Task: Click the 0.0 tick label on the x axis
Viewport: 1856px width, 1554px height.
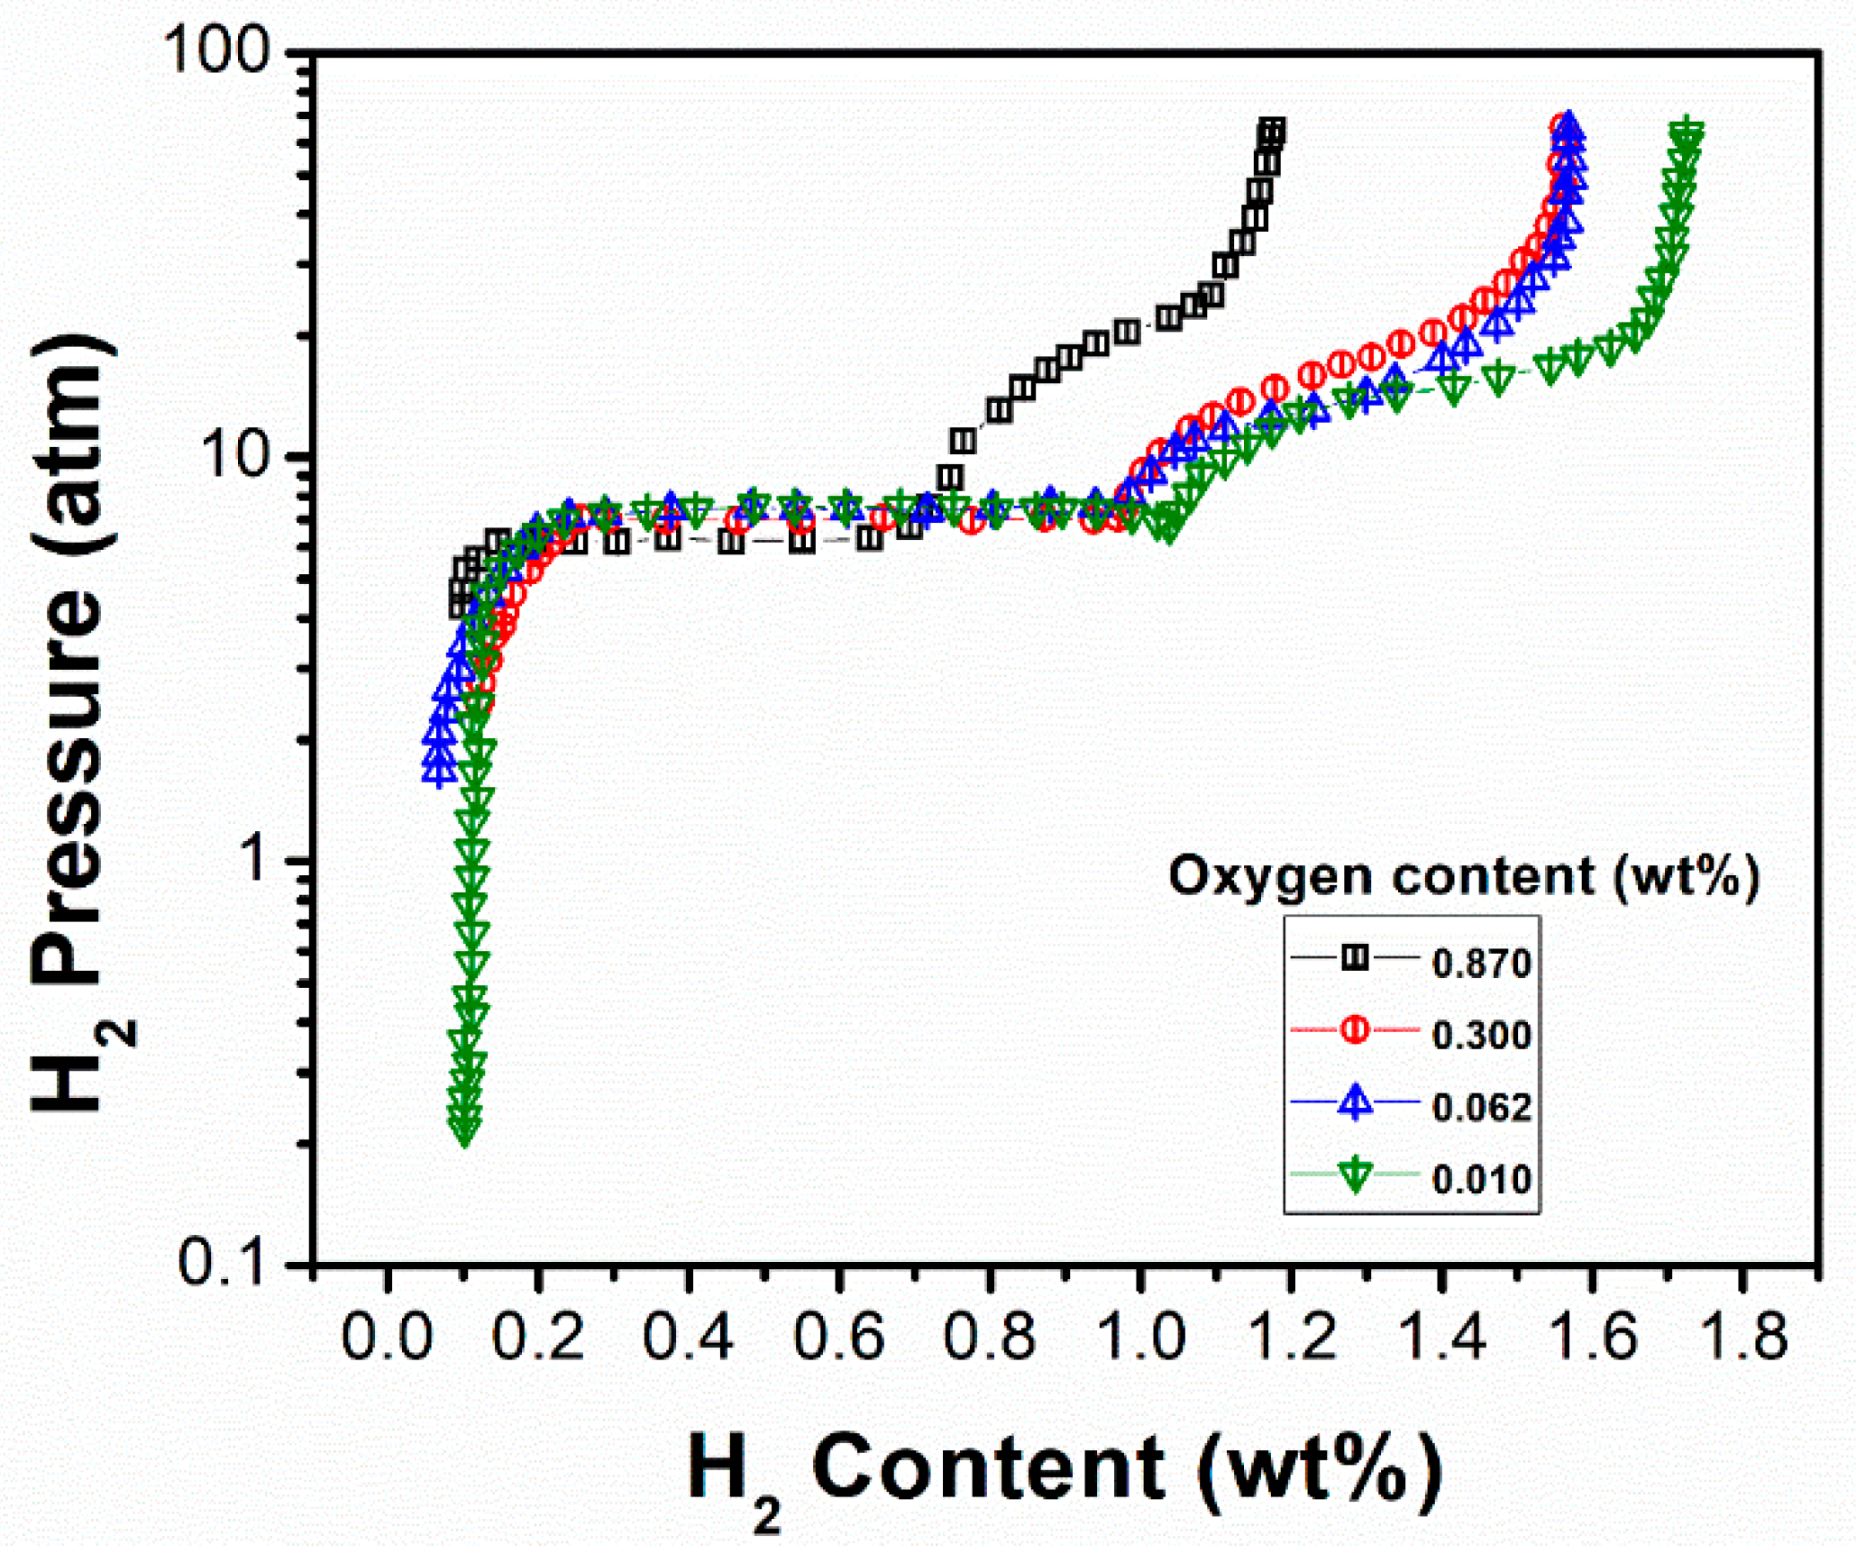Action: coord(388,1336)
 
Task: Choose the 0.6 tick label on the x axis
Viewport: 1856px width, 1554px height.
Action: coord(839,1336)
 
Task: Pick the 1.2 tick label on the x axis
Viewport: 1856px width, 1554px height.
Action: coord(1290,1336)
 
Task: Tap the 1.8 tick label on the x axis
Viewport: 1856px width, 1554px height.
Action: coord(1742,1336)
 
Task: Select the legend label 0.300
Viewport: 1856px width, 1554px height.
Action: coord(1482,1036)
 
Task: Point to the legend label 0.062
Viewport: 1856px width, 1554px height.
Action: coord(1482,1108)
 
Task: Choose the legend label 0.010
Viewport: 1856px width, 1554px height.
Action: coord(1482,1180)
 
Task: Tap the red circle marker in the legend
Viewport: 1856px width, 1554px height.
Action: coord(1355,1029)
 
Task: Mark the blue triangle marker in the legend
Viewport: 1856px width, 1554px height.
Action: coord(1355,1102)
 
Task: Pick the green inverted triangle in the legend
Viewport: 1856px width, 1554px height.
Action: coord(1355,1175)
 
